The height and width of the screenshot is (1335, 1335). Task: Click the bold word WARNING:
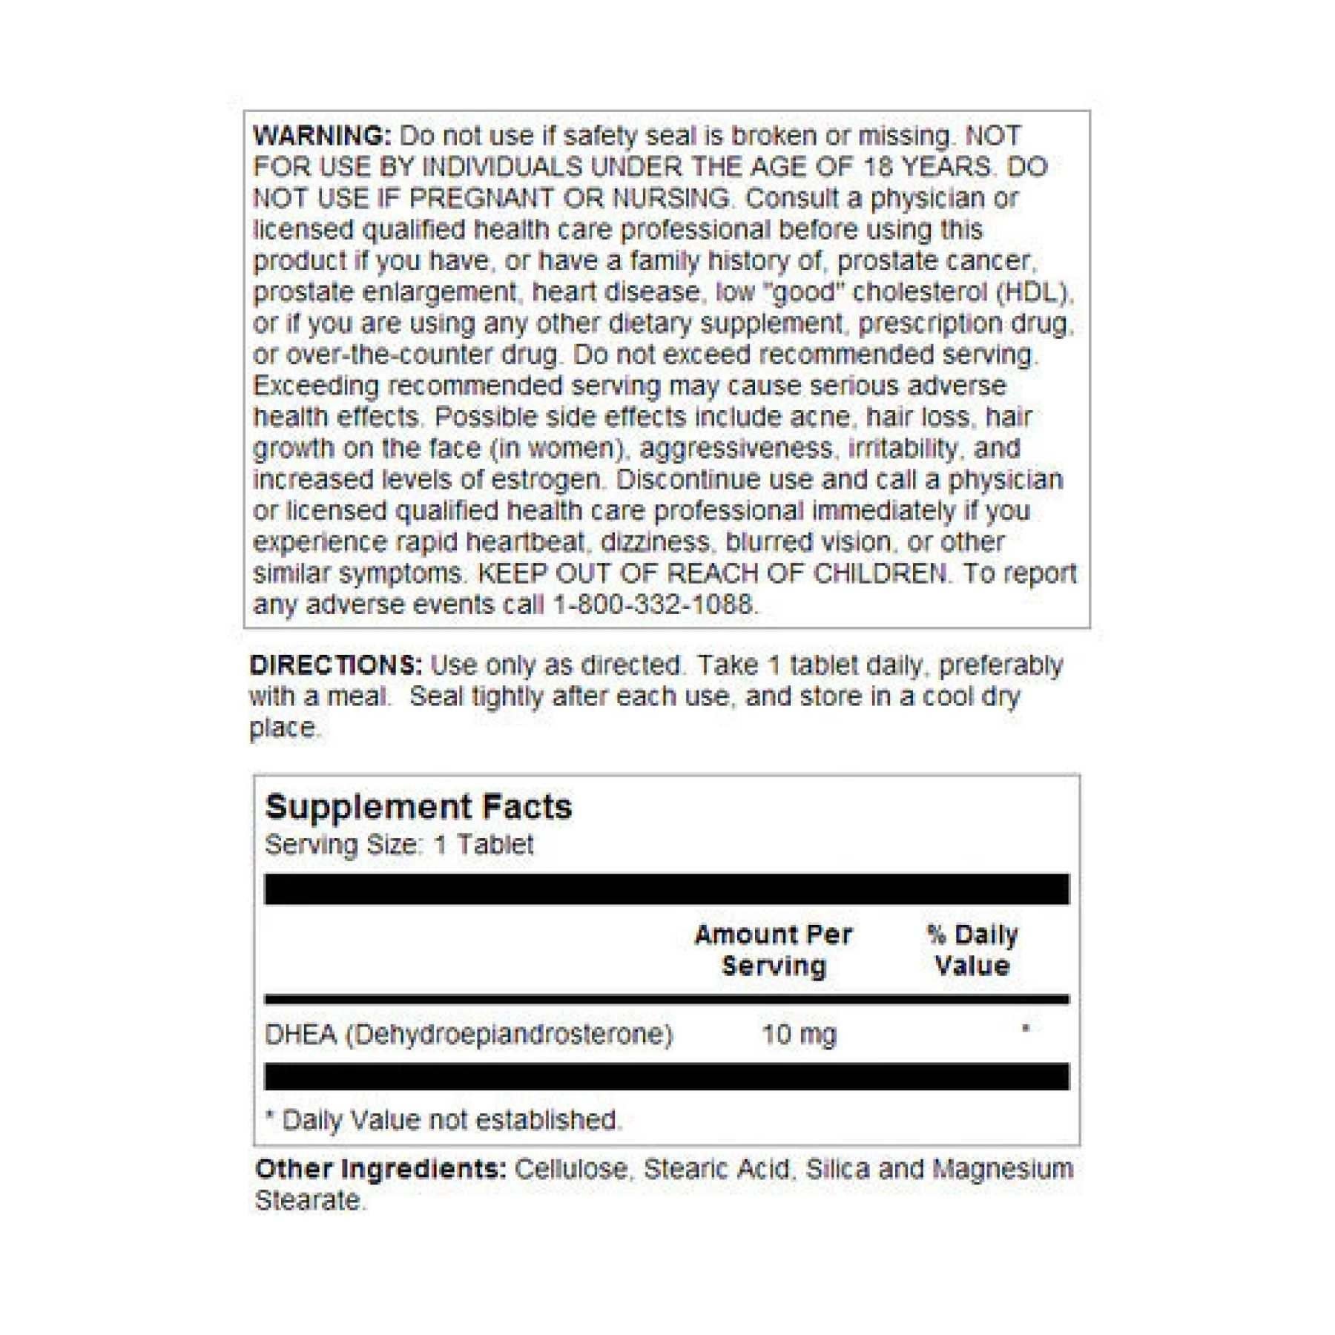[321, 136]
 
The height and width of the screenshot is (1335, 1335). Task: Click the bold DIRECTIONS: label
[335, 665]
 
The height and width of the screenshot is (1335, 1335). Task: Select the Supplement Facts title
[418, 807]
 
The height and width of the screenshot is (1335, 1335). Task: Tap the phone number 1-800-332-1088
[653, 604]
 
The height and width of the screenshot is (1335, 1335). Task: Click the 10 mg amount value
[799, 1034]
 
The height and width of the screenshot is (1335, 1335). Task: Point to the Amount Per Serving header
[774, 950]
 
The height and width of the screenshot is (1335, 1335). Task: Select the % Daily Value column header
[972, 950]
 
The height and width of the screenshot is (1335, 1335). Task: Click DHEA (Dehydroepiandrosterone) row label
[469, 1034]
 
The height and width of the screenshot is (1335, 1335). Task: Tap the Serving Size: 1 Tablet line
[399, 845]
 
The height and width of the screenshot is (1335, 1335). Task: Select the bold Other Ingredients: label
[380, 1170]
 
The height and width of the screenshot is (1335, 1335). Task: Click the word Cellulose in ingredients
[571, 1170]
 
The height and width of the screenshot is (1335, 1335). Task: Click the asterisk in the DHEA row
[1026, 1029]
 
